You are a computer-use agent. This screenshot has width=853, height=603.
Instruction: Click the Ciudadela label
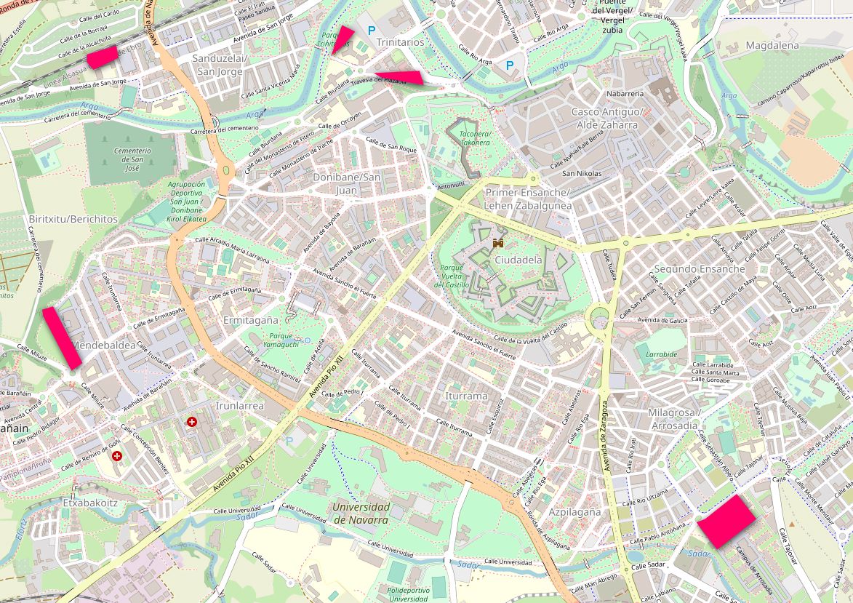(x=518, y=260)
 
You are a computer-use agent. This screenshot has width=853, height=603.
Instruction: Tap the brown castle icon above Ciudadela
(x=499, y=242)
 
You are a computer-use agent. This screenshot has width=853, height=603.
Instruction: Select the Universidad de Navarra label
(x=361, y=514)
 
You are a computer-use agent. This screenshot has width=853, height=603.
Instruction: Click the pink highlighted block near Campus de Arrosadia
(x=726, y=521)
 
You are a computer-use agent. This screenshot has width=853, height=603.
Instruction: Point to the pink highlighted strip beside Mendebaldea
(x=62, y=338)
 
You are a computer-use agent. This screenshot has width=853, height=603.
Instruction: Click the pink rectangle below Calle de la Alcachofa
(x=103, y=57)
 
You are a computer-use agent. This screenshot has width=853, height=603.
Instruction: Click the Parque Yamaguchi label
(x=279, y=339)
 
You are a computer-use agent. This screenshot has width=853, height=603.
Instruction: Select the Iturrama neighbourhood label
(x=465, y=396)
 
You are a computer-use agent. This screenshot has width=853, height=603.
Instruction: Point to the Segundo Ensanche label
(x=700, y=268)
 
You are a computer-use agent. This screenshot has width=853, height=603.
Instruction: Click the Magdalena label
(x=772, y=45)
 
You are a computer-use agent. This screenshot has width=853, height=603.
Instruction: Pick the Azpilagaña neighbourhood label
(x=574, y=512)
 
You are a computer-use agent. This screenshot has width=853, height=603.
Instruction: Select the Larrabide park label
(x=661, y=355)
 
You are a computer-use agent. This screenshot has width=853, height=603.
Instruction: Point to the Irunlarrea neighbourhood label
(x=240, y=405)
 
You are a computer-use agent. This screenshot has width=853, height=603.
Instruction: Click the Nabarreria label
(x=625, y=93)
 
